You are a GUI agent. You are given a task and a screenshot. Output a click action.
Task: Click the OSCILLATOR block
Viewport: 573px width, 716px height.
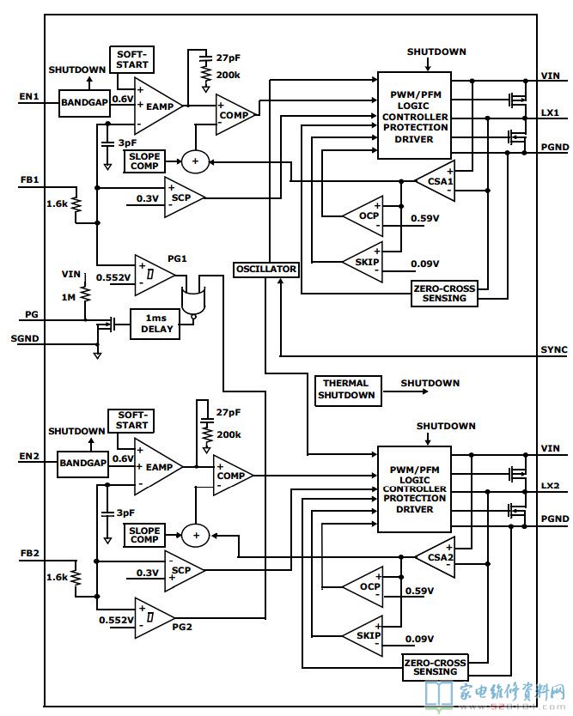pyautogui.click(x=266, y=270)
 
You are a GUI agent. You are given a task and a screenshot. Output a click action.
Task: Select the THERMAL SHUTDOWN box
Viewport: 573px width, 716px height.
pyautogui.click(x=348, y=390)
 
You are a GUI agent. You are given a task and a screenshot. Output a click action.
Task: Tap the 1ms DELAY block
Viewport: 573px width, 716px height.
pyautogui.click(x=155, y=325)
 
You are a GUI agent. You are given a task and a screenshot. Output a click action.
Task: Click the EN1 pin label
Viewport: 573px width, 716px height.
pyautogui.click(x=29, y=97)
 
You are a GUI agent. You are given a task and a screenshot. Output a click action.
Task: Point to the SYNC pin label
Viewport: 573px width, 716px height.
pyautogui.click(x=554, y=349)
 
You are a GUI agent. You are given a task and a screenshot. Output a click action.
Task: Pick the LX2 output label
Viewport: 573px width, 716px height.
pyautogui.click(x=550, y=485)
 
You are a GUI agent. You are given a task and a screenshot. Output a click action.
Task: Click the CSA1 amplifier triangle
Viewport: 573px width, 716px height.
pyautogui.click(x=436, y=181)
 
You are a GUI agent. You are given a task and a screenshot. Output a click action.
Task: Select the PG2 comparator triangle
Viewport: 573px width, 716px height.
pyautogui.click(x=155, y=618)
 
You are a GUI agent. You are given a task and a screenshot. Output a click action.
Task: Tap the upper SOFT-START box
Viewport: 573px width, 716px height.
pyautogui.click(x=132, y=60)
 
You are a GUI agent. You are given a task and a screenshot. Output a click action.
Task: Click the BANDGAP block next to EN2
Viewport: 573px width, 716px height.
pyautogui.click(x=82, y=463)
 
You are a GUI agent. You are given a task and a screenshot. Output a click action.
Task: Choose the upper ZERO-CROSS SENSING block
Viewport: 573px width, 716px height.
pyautogui.click(x=445, y=293)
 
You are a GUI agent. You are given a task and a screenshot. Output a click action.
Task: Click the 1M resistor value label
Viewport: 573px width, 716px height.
pyautogui.click(x=69, y=297)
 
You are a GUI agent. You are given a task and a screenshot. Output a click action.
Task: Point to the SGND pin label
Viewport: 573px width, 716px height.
pyautogui.click(x=25, y=339)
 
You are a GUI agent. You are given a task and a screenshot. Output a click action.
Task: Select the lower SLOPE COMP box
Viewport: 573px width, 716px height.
pyautogui.click(x=144, y=535)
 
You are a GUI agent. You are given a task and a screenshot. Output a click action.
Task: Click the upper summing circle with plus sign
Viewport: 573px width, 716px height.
pyautogui.click(x=195, y=161)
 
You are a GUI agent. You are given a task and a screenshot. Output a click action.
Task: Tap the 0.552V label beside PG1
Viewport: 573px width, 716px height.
pyautogui.click(x=113, y=277)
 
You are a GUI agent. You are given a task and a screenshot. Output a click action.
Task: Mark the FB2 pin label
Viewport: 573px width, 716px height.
pyautogui.click(x=30, y=554)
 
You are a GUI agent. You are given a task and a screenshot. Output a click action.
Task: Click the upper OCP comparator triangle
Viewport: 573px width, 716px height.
pyautogui.click(x=363, y=216)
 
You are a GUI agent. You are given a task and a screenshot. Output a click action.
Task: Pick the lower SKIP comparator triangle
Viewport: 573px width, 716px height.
pyautogui.click(x=363, y=635)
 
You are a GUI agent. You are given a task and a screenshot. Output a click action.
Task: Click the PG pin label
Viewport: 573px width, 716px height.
pyautogui.click(x=32, y=314)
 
